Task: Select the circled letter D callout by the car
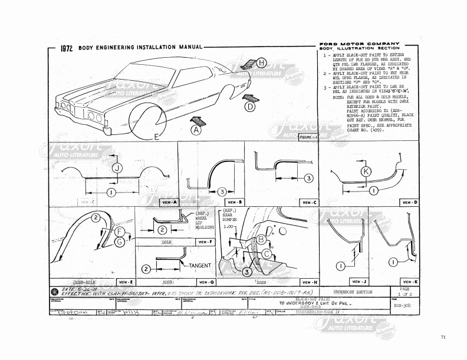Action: [x=250, y=107]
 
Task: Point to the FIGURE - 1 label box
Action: [x=308, y=137]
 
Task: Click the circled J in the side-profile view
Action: [x=117, y=168]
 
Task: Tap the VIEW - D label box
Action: [x=408, y=202]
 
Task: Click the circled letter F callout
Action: [x=119, y=232]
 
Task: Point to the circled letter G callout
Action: [x=119, y=242]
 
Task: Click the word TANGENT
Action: [x=201, y=266]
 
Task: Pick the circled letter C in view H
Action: [x=266, y=254]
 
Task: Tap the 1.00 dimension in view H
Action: [x=229, y=226]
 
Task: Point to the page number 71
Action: [x=442, y=336]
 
